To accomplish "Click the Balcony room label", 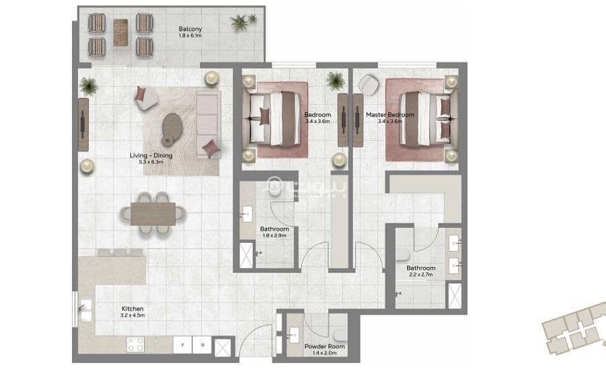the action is pos(190,29).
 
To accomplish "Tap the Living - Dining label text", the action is pos(151,155).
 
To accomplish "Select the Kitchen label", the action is pos(132,309).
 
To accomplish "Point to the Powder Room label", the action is pos(325,346).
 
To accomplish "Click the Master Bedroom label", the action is pos(390,115).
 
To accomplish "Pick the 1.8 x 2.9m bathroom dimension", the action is pos(274,235).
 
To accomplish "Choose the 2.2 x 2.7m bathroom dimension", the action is pos(421,274).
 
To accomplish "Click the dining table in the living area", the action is pos(153,214).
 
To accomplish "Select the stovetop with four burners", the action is pos(135,344).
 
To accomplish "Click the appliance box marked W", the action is pos(202,344).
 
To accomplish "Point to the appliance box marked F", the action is pos(182,344).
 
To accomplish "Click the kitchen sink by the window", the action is pos(85,310).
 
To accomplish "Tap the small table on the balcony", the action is pos(120,32).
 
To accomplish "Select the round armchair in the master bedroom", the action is pos(368,85).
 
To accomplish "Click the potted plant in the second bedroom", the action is pos(335,80).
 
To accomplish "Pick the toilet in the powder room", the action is pos(340,335).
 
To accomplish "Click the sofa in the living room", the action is pos(209,124).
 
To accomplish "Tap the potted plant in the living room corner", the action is pos(89,85).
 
